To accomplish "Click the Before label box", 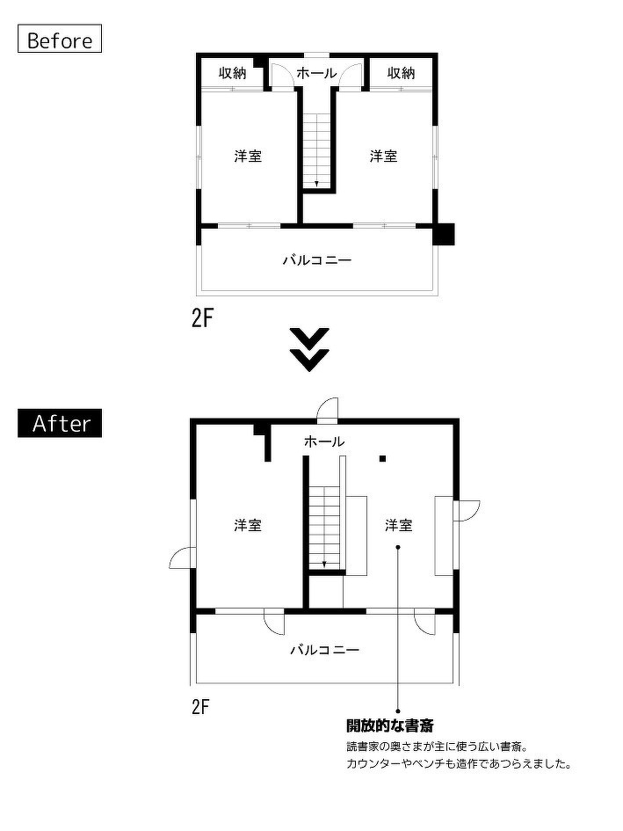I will click(x=60, y=40).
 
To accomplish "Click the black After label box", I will click(x=61, y=423).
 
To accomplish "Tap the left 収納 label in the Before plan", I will click(x=232, y=73).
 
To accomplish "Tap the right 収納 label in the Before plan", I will click(x=401, y=73).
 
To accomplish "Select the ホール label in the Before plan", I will click(x=315, y=73).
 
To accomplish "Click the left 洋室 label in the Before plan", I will click(x=248, y=156).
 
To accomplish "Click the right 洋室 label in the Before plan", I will click(x=383, y=156).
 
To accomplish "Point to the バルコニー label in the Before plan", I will click(x=316, y=260).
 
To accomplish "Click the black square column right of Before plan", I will click(x=446, y=234).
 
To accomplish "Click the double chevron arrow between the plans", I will click(x=309, y=348).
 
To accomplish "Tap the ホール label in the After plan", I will click(x=323, y=441).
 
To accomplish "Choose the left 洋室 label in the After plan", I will click(x=248, y=525).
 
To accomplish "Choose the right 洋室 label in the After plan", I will click(x=398, y=525).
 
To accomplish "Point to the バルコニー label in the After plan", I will click(x=324, y=650).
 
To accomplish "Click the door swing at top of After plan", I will click(x=327, y=409).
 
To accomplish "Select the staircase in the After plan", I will click(x=324, y=528).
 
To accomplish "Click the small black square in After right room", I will click(x=382, y=458).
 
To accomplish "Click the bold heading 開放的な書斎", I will click(x=389, y=725).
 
